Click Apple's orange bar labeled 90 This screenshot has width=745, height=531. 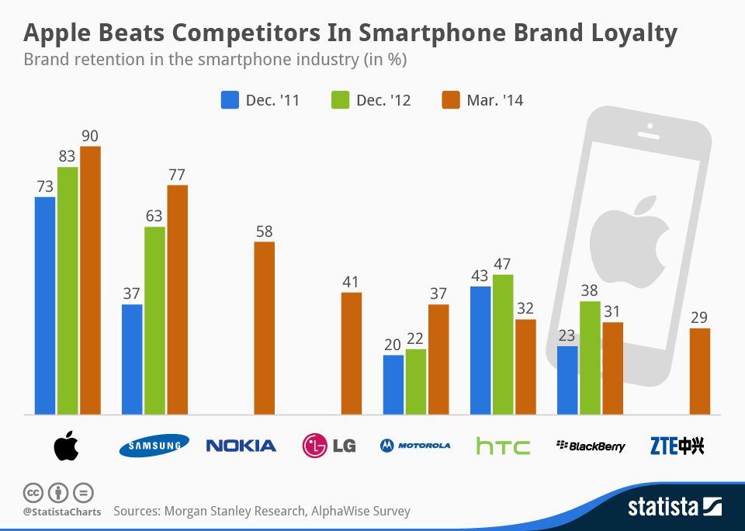coord(91,279)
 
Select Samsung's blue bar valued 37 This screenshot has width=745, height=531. coord(132,359)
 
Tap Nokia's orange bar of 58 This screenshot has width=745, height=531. coord(265,328)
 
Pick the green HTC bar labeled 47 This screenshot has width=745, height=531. coord(503,344)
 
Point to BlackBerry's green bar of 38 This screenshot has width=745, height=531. coord(590,357)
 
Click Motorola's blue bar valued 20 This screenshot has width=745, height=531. coord(393,384)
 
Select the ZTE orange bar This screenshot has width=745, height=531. coord(700,371)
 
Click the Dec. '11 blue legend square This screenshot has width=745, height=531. coord(230,100)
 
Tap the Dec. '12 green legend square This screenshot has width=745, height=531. coord(341,100)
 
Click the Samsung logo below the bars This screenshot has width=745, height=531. coord(154,445)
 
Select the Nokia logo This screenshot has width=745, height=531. coord(241,446)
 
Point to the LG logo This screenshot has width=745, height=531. coord(328,445)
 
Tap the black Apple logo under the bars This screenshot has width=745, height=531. coord(66,446)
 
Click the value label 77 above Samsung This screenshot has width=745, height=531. coord(178,172)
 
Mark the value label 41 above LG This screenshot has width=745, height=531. coord(351,279)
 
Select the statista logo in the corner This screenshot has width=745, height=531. coord(674,508)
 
